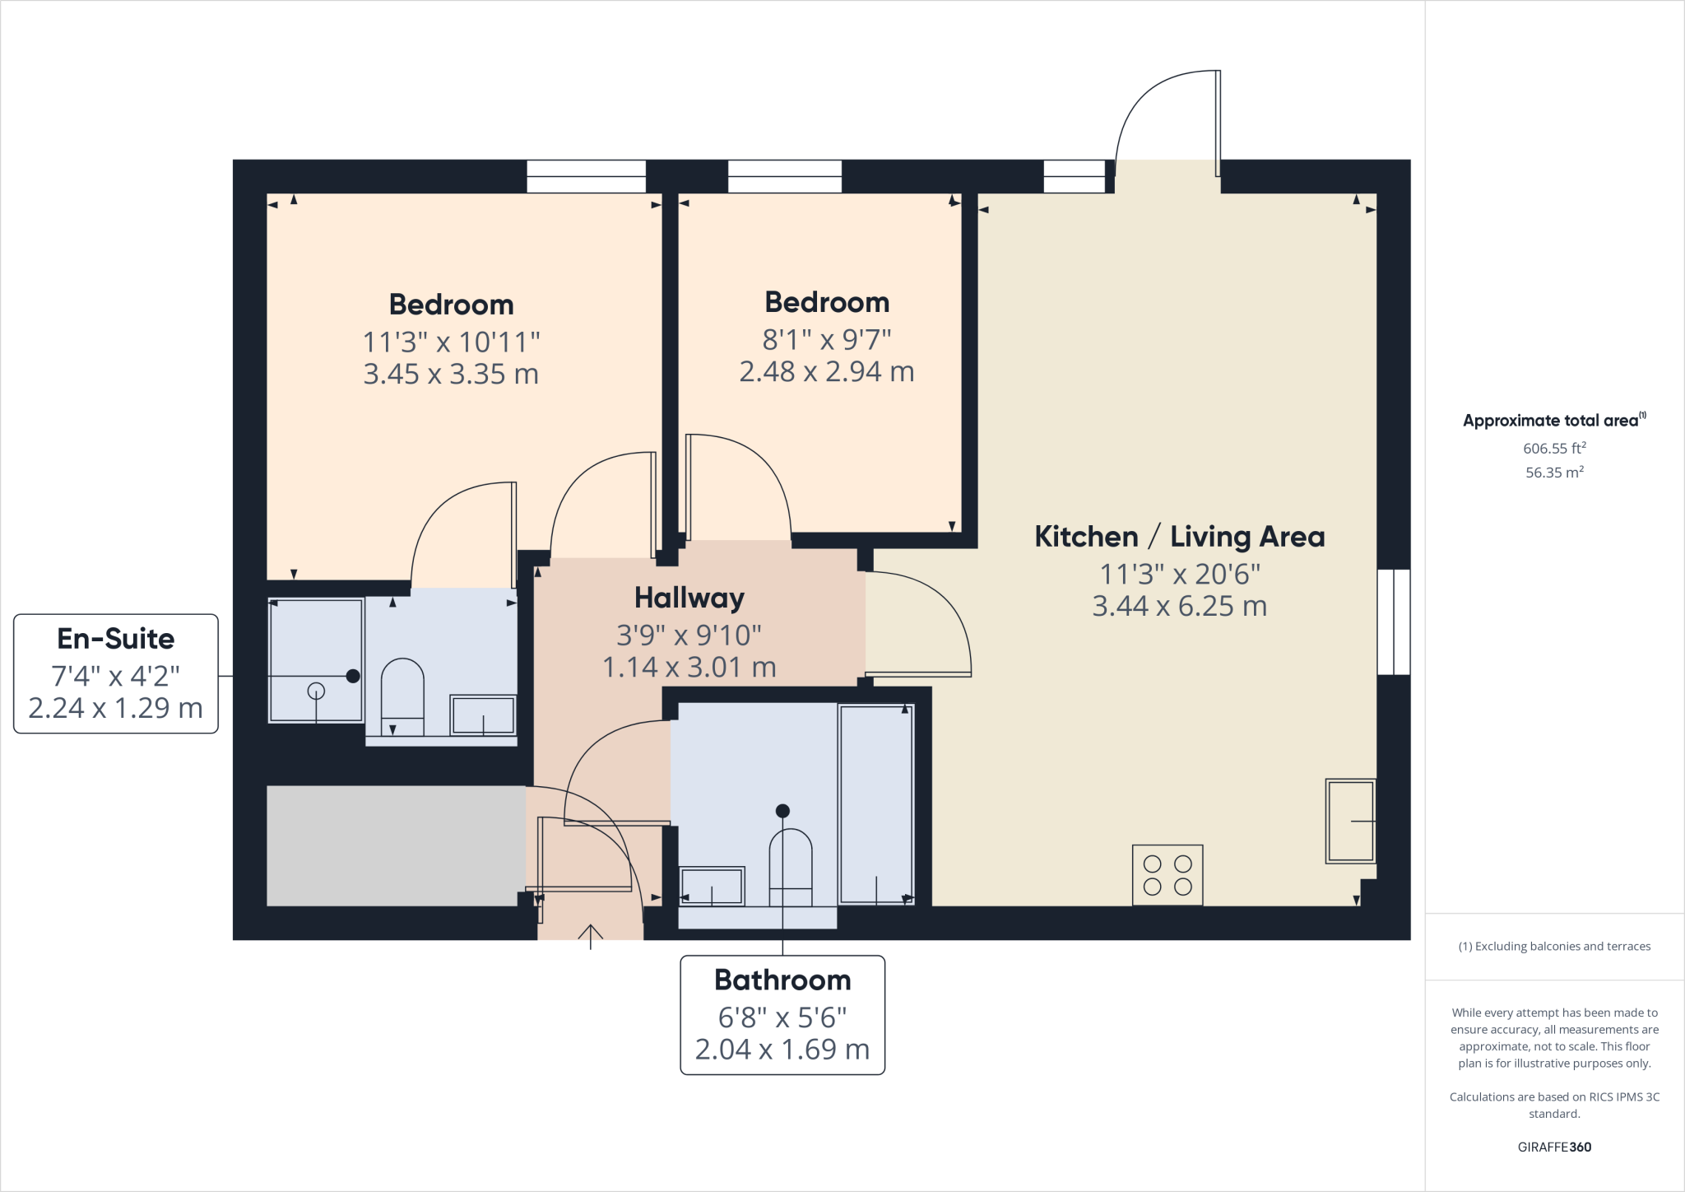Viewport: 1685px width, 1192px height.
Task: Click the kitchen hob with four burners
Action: click(1167, 875)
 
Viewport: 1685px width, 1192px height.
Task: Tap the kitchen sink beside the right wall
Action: click(1350, 821)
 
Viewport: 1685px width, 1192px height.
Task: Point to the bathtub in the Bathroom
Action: click(876, 804)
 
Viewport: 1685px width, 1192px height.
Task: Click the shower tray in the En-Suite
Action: click(316, 659)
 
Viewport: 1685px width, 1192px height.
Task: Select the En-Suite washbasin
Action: click(483, 715)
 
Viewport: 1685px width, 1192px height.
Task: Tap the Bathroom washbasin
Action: click(712, 887)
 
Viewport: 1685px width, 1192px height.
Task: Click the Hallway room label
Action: click(689, 598)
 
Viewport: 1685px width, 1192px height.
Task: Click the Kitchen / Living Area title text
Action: click(1179, 537)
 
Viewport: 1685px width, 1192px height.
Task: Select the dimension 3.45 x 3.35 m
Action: click(451, 375)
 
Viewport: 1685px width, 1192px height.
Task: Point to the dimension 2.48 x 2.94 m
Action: click(826, 372)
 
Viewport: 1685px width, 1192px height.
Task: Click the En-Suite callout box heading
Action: click(116, 639)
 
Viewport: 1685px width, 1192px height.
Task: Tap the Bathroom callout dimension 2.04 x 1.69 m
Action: click(782, 1050)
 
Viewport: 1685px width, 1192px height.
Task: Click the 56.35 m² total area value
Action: click(1553, 473)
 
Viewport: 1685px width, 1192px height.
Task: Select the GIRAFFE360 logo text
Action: click(1553, 1147)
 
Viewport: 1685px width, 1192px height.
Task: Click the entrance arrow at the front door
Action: click(590, 933)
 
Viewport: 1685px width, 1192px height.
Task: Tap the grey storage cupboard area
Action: click(396, 845)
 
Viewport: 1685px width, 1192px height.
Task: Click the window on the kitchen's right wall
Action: click(1394, 622)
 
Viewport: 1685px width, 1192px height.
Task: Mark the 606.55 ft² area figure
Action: click(1553, 449)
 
